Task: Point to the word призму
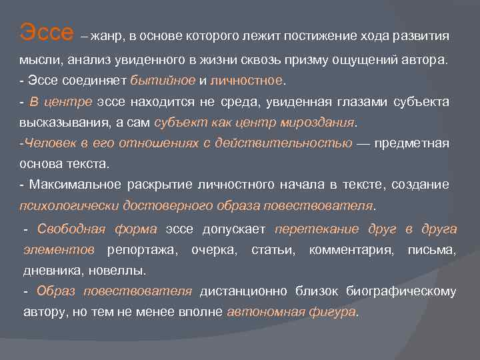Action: [321, 60]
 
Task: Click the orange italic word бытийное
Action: [163, 81]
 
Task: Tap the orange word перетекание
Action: [316, 229]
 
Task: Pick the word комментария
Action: [352, 250]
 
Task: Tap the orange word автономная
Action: [265, 312]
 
